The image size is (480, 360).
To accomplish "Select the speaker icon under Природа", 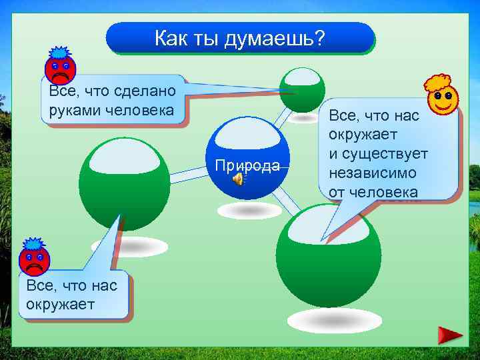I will (238, 179).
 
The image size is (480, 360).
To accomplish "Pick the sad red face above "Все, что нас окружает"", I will (34, 257).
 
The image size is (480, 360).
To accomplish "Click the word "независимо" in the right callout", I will (372, 173).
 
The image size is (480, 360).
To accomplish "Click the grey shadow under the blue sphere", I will (250, 210).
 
